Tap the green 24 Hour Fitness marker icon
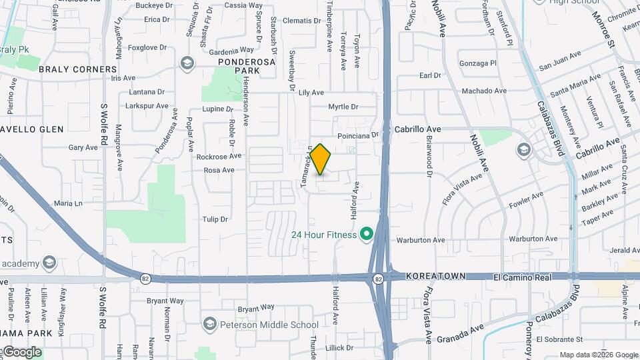(365, 235)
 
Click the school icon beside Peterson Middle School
(209, 325)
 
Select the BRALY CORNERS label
(77, 69)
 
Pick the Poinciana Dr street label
(358, 134)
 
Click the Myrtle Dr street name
(343, 107)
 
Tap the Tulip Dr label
(215, 219)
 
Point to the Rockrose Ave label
(219, 157)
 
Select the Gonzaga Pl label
(478, 63)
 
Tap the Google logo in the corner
(21, 352)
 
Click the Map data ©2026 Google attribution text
(598, 355)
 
